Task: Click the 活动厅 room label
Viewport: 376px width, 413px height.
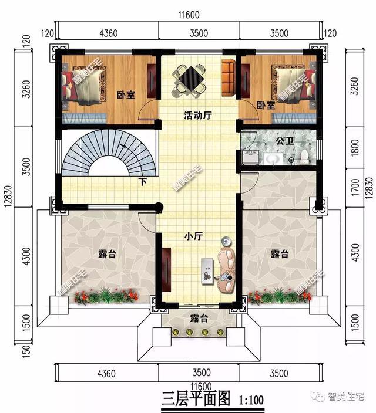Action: pos(197,116)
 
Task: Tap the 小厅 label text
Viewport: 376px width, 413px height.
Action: pos(193,236)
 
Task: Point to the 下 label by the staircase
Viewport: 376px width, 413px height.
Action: pos(143,181)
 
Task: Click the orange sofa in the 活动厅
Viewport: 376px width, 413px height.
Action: pos(229,77)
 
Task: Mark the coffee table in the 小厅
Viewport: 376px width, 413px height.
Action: pos(206,271)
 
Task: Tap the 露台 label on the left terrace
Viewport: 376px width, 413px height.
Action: pos(106,254)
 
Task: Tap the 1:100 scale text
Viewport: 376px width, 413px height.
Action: pos(251,401)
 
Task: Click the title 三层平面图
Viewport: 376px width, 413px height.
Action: pos(197,400)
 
